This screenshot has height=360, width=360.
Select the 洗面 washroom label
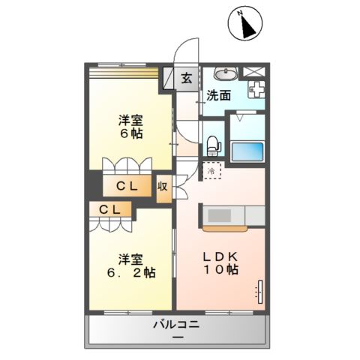click(x=219, y=96)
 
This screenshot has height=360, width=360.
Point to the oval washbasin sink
click(x=225, y=73)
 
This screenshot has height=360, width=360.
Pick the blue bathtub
click(x=247, y=151)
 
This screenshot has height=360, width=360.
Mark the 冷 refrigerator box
click(x=213, y=171)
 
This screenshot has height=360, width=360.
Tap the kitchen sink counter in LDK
click(x=220, y=215)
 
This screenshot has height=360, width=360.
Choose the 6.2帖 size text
click(x=129, y=273)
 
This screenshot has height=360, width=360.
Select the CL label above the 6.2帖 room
click(x=109, y=209)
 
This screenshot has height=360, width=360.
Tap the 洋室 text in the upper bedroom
click(x=130, y=118)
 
